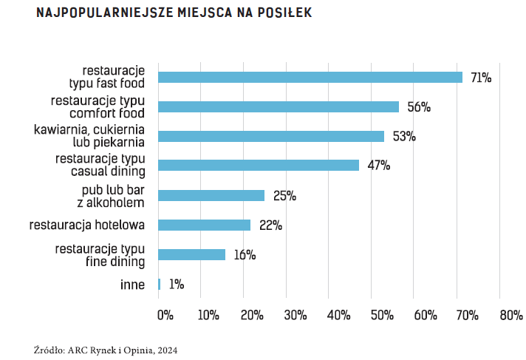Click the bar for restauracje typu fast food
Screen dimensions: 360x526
click(310, 77)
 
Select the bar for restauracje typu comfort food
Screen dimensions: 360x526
click(279, 106)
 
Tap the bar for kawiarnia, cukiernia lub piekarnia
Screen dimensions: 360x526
click(271, 136)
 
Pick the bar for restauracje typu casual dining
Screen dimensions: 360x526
click(259, 166)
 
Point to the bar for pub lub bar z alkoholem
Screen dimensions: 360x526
click(211, 195)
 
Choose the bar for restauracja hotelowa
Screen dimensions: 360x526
click(205, 225)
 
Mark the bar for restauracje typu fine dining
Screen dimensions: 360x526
click(192, 254)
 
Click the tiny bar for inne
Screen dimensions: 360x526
click(159, 284)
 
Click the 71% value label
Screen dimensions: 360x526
click(481, 78)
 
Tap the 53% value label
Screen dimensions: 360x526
click(403, 137)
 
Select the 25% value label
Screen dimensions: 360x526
click(284, 196)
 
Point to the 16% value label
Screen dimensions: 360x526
click(245, 255)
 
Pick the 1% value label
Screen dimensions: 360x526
click(176, 285)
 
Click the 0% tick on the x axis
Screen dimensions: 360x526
click(165, 315)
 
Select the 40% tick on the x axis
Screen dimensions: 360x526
click(338, 315)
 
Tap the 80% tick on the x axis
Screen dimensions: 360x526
click(510, 315)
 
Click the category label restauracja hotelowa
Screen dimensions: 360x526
click(88, 225)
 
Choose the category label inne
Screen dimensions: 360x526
click(132, 284)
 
